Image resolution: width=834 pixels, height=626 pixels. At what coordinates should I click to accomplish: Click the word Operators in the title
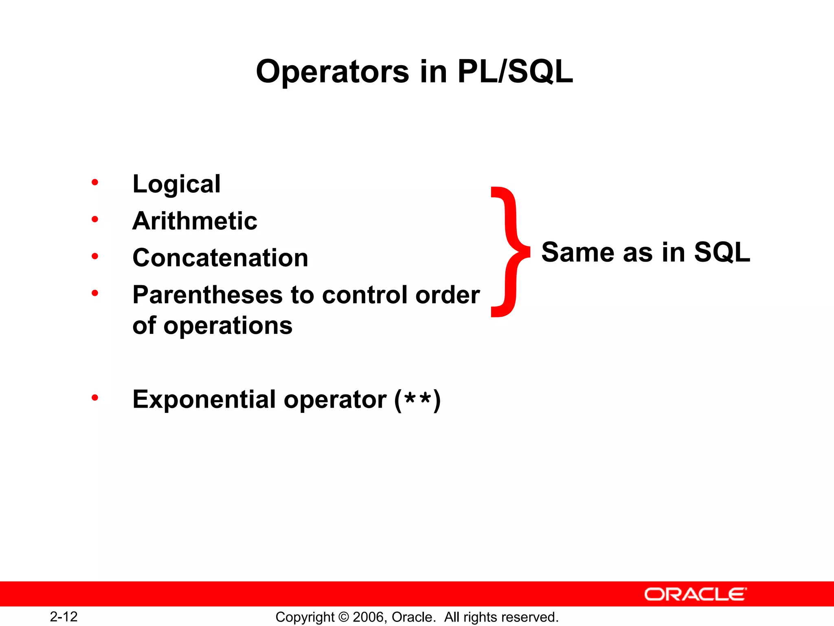click(x=332, y=72)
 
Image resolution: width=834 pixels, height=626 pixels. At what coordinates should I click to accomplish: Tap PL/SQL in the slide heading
click(x=515, y=72)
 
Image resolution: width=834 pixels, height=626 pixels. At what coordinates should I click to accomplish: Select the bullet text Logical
click(x=177, y=184)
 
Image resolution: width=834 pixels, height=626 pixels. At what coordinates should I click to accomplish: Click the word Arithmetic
click(x=195, y=221)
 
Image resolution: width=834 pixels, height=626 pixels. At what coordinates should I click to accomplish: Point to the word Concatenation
click(x=220, y=258)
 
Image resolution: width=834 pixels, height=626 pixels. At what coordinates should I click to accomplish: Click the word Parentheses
click(x=207, y=295)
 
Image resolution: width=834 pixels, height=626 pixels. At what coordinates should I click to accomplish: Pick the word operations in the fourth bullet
click(x=228, y=326)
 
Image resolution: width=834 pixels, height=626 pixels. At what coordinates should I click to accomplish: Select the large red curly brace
click(x=510, y=252)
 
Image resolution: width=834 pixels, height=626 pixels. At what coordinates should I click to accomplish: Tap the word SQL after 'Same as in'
click(x=722, y=252)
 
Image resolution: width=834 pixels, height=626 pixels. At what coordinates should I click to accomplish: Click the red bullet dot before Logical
click(x=95, y=182)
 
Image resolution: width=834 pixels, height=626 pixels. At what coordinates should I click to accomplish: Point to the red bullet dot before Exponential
click(x=95, y=397)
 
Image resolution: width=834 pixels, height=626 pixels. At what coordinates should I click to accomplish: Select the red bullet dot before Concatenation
click(x=95, y=256)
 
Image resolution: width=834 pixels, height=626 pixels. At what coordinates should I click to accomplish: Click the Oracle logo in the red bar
click(x=696, y=594)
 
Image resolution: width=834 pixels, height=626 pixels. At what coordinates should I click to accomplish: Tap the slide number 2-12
click(x=64, y=617)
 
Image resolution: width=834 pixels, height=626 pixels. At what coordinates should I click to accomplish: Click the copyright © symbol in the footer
click(x=343, y=617)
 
